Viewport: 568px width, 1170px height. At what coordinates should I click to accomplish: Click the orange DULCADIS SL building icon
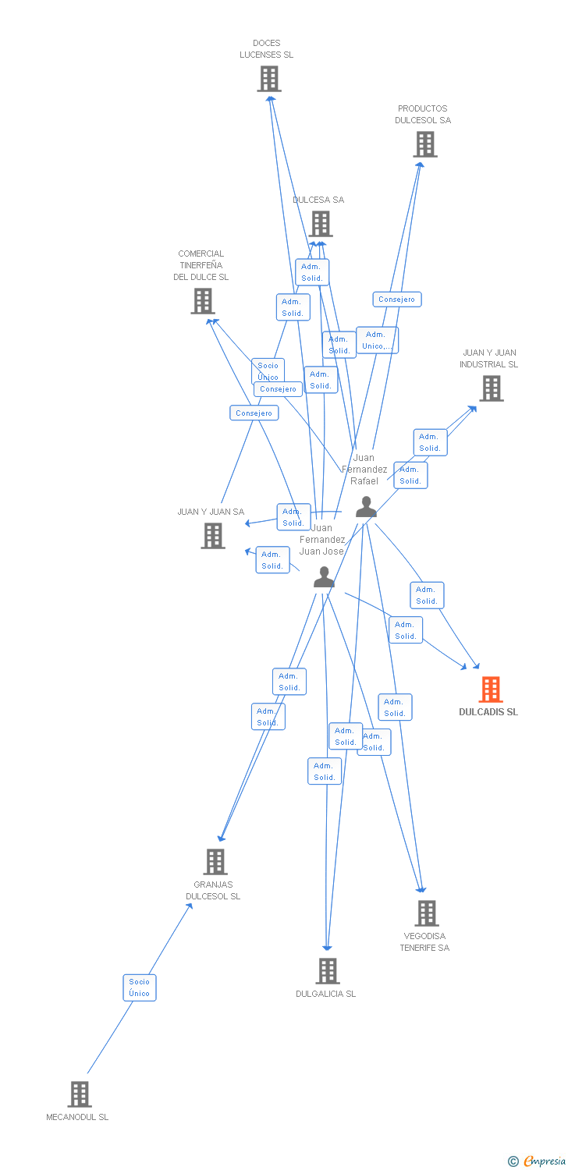(490, 690)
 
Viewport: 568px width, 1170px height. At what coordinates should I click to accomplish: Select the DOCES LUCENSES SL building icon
(269, 79)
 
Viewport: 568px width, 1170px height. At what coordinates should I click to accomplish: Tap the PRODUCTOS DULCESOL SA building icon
(425, 144)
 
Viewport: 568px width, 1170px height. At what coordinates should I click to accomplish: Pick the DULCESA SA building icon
(321, 224)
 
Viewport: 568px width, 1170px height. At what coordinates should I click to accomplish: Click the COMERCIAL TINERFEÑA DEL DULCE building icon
(203, 301)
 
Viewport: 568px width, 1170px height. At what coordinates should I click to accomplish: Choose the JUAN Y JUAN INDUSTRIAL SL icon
(491, 388)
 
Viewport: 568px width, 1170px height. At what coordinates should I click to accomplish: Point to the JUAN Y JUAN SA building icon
(213, 536)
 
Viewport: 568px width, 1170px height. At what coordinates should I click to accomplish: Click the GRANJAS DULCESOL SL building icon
(215, 862)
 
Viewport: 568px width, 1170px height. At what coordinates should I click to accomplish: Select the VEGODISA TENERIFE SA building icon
(426, 913)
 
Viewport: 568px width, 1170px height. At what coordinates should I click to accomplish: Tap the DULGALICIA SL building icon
(328, 971)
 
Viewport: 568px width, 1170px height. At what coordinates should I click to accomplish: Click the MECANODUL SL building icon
(80, 1094)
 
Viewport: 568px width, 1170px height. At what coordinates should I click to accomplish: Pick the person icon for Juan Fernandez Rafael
(366, 508)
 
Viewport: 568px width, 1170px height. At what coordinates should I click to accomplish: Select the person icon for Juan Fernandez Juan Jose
(324, 577)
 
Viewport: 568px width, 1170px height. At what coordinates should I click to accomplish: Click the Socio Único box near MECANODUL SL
(140, 987)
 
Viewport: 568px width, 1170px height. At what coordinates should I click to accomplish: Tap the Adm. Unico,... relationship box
(378, 340)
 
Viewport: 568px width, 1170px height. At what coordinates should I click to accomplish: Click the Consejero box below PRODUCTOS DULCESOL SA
(397, 300)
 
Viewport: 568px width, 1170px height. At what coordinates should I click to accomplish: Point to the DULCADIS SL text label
(488, 712)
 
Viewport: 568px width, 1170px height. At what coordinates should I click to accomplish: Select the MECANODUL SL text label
(77, 1117)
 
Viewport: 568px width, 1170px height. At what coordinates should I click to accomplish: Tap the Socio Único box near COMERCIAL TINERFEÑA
(268, 370)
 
